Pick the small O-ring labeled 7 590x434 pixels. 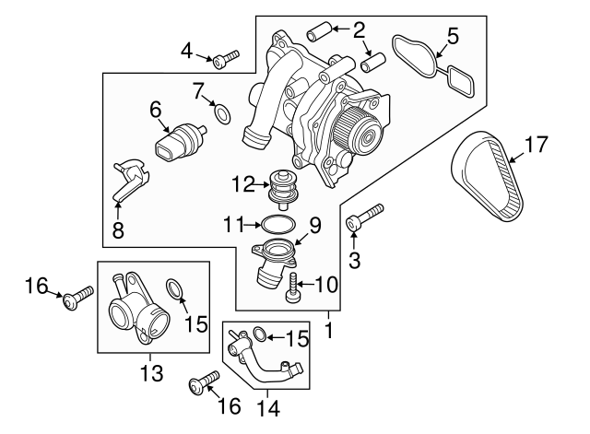(x=222, y=113)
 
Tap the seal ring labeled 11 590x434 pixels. (x=274, y=223)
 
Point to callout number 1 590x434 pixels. (x=329, y=327)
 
